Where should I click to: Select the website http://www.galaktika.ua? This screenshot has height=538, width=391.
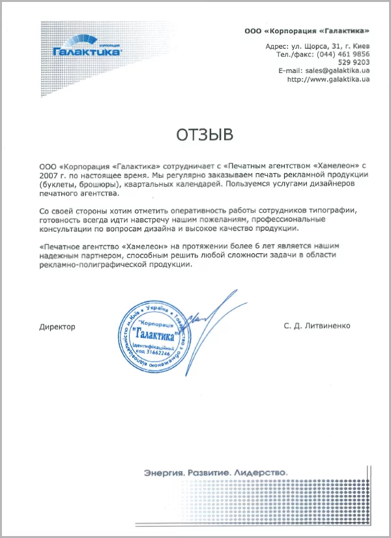point(328,79)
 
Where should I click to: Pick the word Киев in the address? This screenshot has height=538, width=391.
point(360,46)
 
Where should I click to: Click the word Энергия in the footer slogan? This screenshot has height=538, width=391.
point(162,472)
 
